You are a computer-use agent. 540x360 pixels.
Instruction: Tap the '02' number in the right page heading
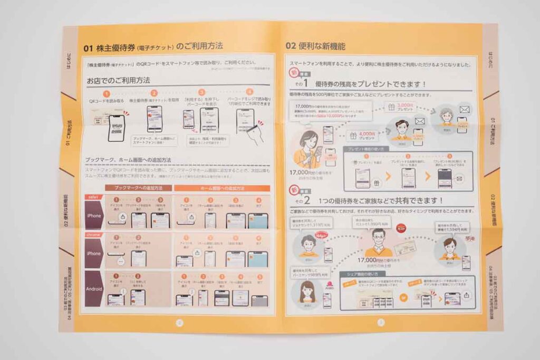[291, 46]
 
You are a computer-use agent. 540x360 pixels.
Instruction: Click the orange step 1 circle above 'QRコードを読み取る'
[106, 93]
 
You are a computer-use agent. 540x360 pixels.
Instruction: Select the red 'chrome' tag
[94, 233]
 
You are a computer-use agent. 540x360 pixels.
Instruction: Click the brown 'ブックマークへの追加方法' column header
[137, 188]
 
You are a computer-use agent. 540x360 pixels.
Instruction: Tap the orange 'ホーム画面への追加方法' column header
[221, 188]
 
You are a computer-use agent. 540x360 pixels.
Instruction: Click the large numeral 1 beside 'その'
[320, 84]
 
